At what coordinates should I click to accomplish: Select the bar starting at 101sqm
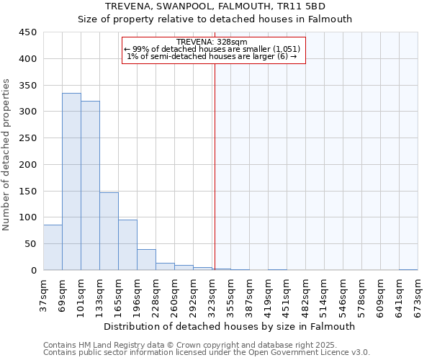pyautogui.click(x=90, y=186)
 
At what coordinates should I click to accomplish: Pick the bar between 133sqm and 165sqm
pyautogui.click(x=109, y=231)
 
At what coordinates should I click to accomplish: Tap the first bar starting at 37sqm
pyautogui.click(x=53, y=248)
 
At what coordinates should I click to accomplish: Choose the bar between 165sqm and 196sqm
pyautogui.click(x=127, y=245)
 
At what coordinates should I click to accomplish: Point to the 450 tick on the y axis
pyautogui.click(x=27, y=32)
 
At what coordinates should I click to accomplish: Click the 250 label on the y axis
pyautogui.click(x=27, y=138)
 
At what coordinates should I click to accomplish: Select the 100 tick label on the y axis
pyautogui.click(x=27, y=217)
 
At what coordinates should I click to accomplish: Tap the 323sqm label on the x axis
pyautogui.click(x=212, y=293)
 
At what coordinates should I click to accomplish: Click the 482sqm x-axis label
pyautogui.click(x=306, y=293)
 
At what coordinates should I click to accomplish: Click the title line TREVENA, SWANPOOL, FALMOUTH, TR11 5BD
pyautogui.click(x=215, y=6)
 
